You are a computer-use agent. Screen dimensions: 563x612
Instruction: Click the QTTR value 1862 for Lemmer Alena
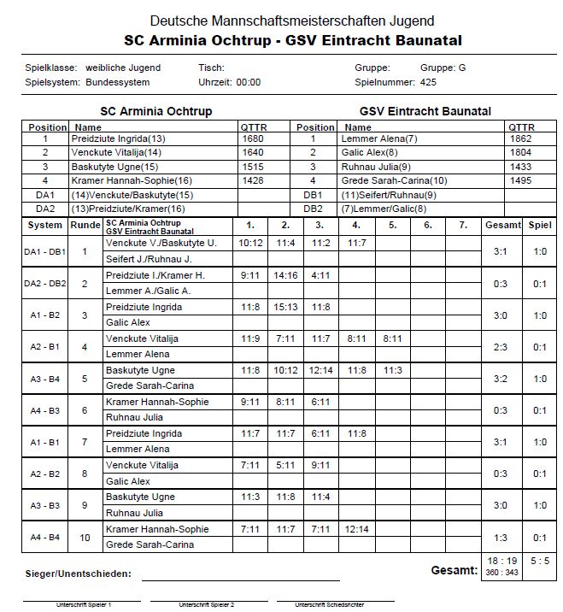[x=520, y=138]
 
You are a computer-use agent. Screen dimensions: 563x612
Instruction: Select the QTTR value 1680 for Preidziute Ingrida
[x=253, y=138]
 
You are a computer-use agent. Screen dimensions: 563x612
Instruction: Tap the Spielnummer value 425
[x=428, y=82]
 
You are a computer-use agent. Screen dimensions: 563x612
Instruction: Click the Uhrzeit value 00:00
[x=248, y=82]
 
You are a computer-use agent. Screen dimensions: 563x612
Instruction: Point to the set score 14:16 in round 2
[x=285, y=275]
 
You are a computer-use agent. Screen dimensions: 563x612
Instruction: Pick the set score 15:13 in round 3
[x=285, y=307]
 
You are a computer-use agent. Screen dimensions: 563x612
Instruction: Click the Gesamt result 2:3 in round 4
[x=500, y=347]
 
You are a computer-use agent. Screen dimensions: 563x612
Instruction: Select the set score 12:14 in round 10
[x=356, y=529]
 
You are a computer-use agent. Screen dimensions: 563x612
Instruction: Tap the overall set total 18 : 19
[x=501, y=561]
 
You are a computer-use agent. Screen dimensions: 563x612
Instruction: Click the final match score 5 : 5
[x=540, y=561]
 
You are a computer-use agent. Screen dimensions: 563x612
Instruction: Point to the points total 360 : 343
[x=501, y=572]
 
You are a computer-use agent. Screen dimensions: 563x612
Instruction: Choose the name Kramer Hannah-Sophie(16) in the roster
[x=132, y=180]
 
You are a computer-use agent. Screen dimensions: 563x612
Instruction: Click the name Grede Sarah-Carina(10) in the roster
[x=394, y=180]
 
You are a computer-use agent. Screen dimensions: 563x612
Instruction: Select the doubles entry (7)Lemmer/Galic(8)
[x=384, y=209]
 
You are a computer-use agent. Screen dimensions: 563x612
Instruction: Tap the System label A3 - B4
[x=45, y=379]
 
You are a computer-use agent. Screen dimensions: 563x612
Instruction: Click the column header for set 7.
[x=463, y=225]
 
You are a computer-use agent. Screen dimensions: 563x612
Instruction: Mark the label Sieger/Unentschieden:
[x=79, y=574]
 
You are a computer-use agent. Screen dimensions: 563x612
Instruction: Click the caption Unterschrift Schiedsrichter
[x=329, y=604]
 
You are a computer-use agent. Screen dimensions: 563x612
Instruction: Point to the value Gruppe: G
[x=443, y=68]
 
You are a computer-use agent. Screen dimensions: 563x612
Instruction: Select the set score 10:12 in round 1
[x=250, y=243]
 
